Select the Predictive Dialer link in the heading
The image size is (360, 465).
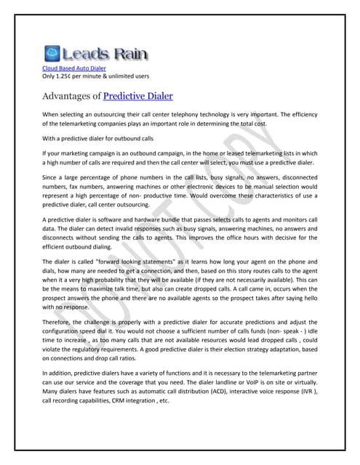pos(138,95)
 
